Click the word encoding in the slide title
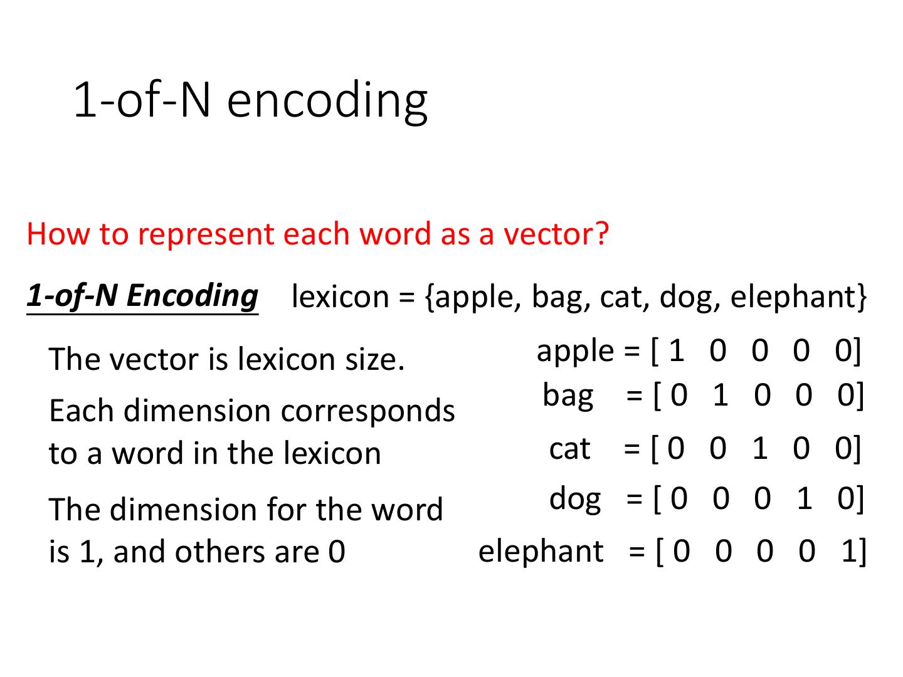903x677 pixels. tap(327, 102)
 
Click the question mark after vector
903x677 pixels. tap(601, 233)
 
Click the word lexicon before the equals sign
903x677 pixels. tap(341, 296)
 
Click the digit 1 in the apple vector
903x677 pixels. tap(677, 350)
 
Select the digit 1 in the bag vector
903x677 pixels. tap(721, 395)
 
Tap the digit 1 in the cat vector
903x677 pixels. tap(760, 448)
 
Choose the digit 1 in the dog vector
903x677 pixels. tap(805, 498)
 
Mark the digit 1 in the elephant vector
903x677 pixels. tap(849, 551)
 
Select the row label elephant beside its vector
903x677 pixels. tap(541, 551)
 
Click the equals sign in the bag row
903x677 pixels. tap(634, 396)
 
